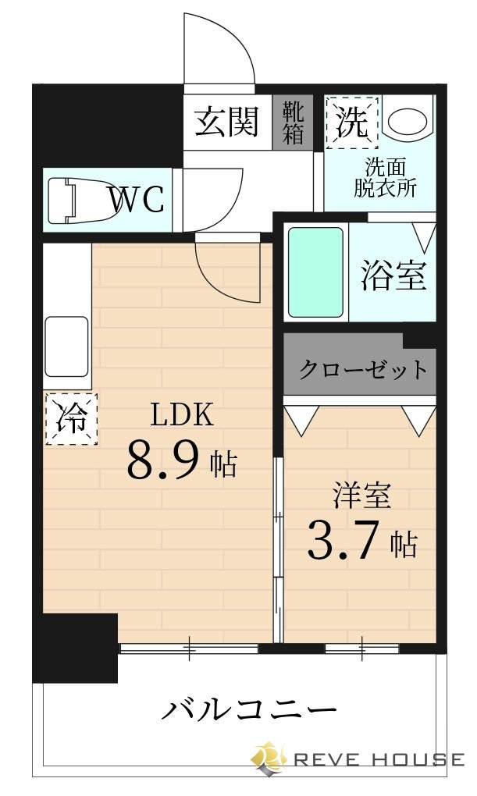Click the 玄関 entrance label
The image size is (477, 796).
(x=226, y=122)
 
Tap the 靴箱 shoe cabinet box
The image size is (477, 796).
(x=293, y=122)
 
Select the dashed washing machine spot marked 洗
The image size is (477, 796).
(x=351, y=122)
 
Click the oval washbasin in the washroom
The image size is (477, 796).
(x=408, y=120)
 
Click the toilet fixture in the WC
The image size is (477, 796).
(x=73, y=200)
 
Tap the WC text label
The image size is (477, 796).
(x=137, y=200)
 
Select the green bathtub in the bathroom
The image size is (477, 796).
(x=315, y=272)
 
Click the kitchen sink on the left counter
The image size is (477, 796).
(x=66, y=346)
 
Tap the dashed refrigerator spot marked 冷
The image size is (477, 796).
(x=72, y=419)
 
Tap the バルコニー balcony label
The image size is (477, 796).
(x=249, y=710)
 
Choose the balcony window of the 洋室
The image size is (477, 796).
(x=361, y=648)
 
